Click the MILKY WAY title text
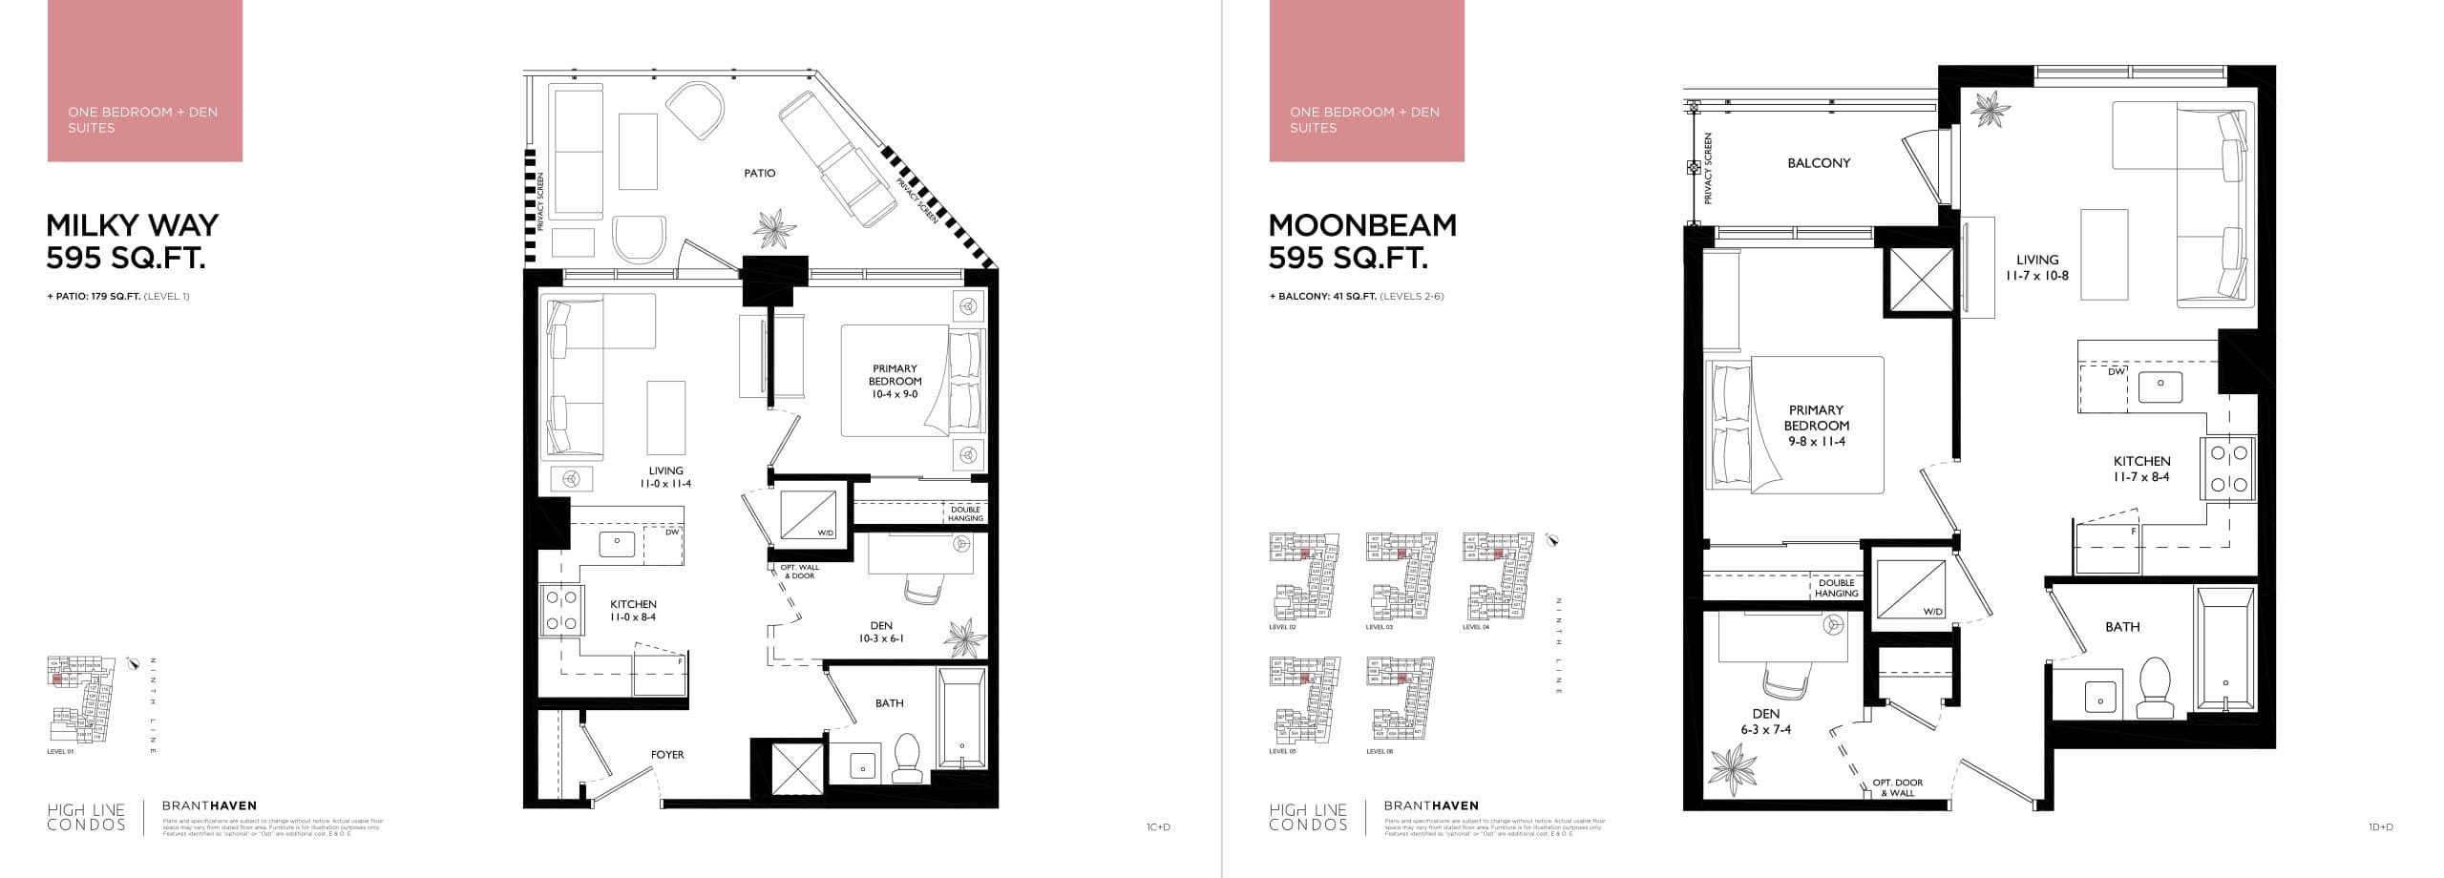pos(132,225)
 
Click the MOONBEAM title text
pos(1362,225)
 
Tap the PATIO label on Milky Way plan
pos(760,174)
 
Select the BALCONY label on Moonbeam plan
pos(1818,163)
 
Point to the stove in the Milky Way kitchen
pos(561,611)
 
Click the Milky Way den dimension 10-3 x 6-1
pos(880,638)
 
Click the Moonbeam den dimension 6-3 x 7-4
pos(1765,729)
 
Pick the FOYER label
pos(667,755)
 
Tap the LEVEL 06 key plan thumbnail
pos(1401,699)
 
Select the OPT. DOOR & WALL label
pos(1897,787)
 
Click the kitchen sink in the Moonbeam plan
pos(2160,385)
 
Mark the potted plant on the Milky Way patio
pos(773,228)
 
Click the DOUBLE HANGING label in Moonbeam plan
pos(1836,588)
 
